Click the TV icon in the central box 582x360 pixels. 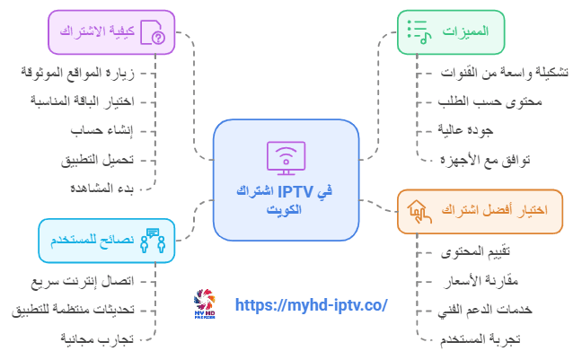click(x=286, y=158)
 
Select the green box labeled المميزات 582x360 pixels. click(x=451, y=32)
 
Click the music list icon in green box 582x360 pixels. click(x=419, y=32)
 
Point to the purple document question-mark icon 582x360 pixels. click(x=153, y=32)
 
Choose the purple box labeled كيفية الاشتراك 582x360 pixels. click(x=111, y=32)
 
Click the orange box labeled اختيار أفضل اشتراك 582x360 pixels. click(x=480, y=212)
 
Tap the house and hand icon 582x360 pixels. click(x=419, y=212)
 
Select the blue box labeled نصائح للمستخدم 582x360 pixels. click(x=107, y=241)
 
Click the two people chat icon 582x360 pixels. click(x=153, y=241)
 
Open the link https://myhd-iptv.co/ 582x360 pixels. click(x=311, y=305)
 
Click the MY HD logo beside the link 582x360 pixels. click(x=205, y=304)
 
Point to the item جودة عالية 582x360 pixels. click(x=465, y=130)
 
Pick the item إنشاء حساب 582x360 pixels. click(x=101, y=130)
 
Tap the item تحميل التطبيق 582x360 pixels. click(x=97, y=160)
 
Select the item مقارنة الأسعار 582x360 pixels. click(x=481, y=281)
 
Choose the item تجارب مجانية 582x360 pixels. click(x=97, y=339)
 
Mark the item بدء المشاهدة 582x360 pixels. click(x=101, y=189)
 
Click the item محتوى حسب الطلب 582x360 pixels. click(x=490, y=101)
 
